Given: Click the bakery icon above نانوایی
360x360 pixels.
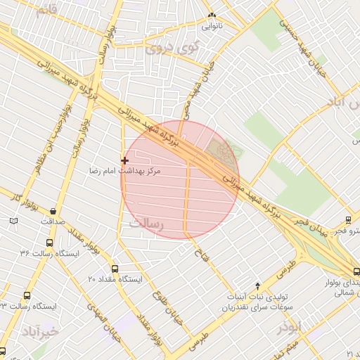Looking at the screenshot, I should pyautogui.click(x=211, y=15).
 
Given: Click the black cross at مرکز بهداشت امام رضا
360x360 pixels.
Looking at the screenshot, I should pyautogui.click(x=125, y=160).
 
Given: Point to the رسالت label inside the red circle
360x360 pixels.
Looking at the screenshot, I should pyautogui.click(x=146, y=224).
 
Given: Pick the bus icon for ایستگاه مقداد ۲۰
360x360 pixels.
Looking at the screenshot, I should pyautogui.click(x=116, y=268).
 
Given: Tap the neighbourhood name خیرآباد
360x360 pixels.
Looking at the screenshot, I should pyautogui.click(x=37, y=330).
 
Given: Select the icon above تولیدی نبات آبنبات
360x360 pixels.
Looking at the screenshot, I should pyautogui.click(x=258, y=285).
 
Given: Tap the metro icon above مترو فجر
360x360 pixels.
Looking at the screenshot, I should pyautogui.click(x=348, y=219).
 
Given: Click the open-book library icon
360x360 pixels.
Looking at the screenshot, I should pyautogui.click(x=14, y=221).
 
